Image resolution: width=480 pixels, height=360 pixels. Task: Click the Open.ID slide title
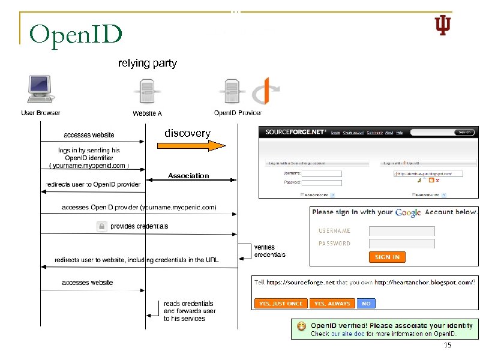point(76,35)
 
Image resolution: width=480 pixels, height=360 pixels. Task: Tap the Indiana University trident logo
point(442,25)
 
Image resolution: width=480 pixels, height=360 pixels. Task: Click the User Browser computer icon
point(40,90)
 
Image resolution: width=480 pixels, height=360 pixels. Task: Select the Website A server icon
point(146,93)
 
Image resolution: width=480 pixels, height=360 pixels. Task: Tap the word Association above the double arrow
point(188,176)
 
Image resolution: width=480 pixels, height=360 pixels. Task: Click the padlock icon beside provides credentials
point(102,226)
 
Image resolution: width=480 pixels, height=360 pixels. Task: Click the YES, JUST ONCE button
point(280,304)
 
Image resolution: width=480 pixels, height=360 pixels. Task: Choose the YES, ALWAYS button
point(332,304)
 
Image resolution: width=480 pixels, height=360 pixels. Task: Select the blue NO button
point(366,304)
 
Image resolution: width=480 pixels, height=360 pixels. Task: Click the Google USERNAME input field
point(401,231)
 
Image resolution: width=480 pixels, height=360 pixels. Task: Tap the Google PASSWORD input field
point(401,244)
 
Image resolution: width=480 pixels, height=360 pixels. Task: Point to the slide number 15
point(447,346)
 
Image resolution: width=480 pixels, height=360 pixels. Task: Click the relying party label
point(147,63)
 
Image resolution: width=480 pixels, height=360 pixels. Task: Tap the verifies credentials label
point(269,251)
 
